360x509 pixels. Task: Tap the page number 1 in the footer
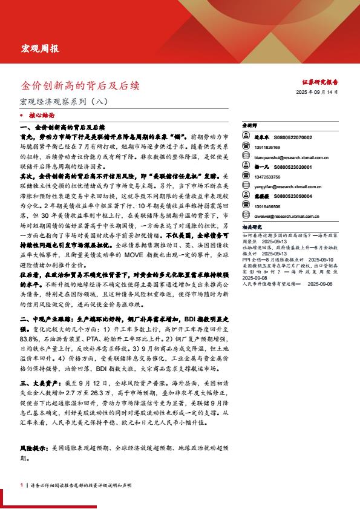[21, 485]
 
